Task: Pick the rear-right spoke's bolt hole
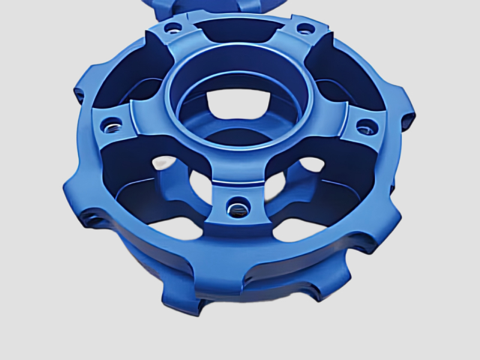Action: coord(304,28)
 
